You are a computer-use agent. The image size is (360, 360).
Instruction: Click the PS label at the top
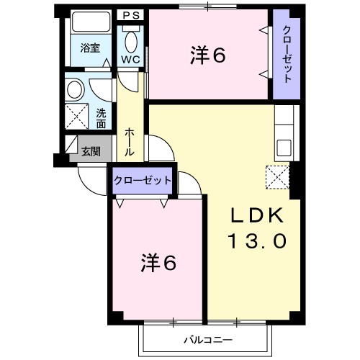(x=130, y=14)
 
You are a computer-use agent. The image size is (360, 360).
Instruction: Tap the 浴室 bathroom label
(x=90, y=49)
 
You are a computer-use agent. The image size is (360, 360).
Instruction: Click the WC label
(x=130, y=59)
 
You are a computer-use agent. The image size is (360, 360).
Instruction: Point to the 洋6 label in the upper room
(x=209, y=55)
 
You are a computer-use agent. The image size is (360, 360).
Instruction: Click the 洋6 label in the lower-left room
(x=158, y=263)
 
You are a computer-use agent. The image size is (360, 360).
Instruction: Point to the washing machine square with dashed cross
(x=75, y=116)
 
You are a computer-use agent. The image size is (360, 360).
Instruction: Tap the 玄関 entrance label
(x=91, y=152)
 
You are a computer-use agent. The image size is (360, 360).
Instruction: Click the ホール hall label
(x=129, y=143)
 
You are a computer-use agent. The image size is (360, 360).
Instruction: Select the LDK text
(x=258, y=216)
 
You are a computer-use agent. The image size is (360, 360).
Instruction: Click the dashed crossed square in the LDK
(x=277, y=176)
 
